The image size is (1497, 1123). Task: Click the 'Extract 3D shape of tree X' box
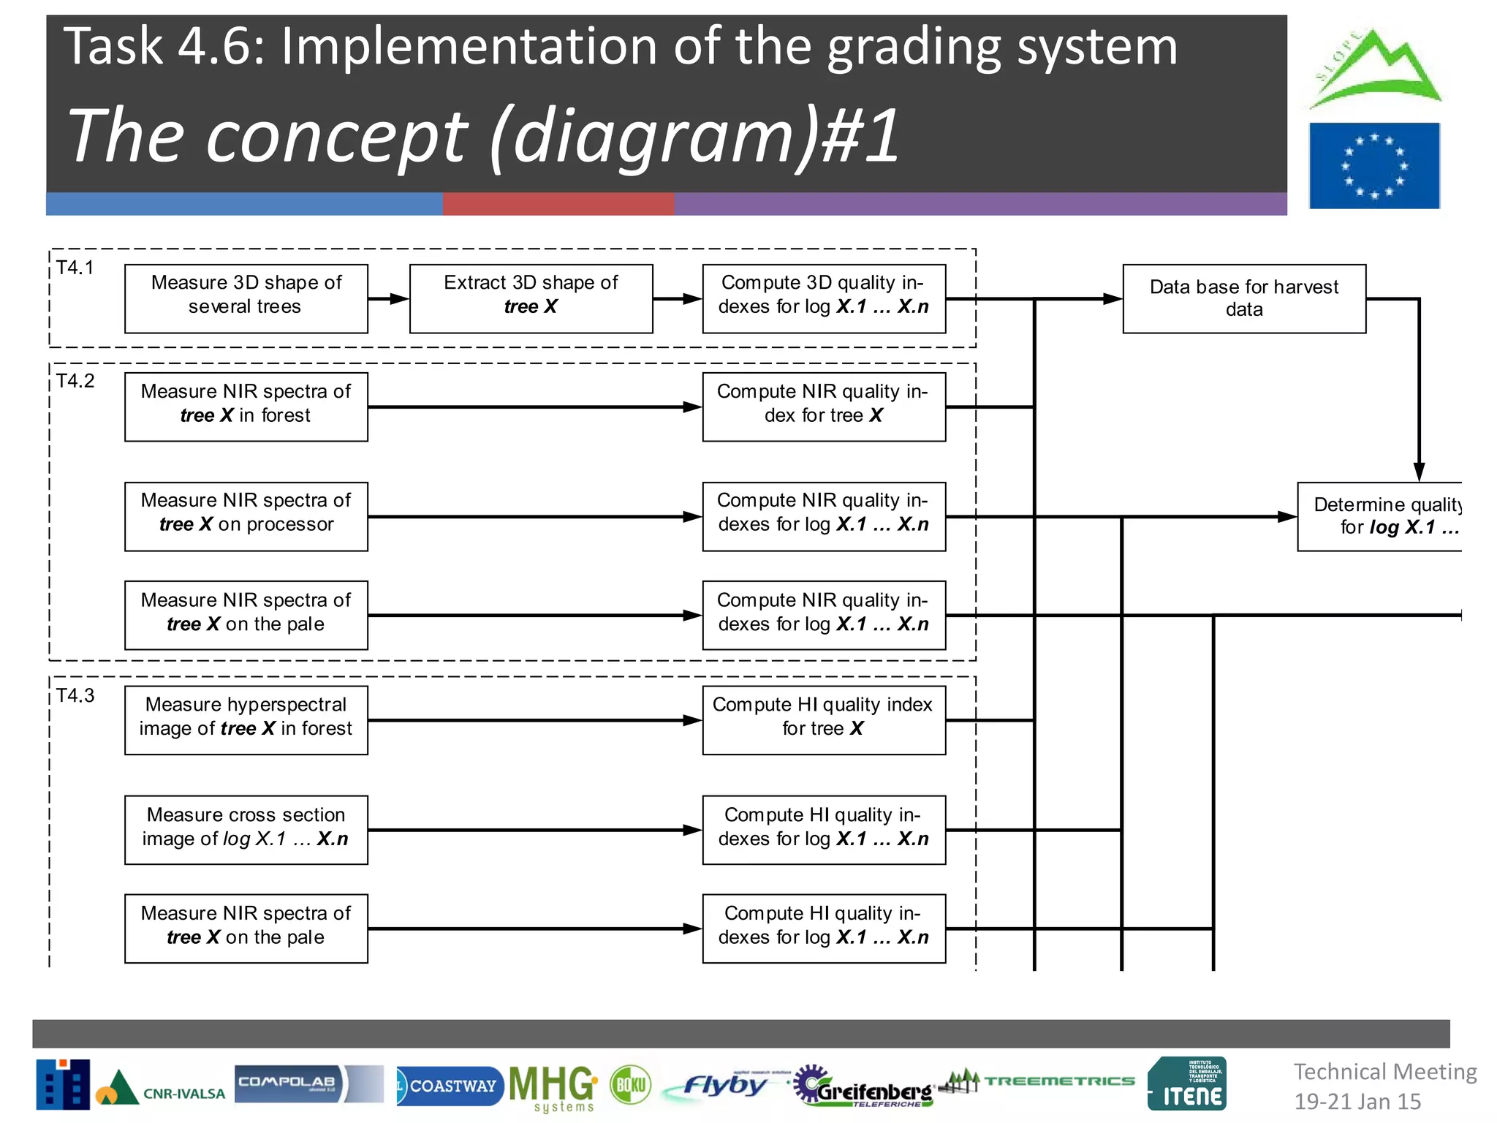[x=531, y=298]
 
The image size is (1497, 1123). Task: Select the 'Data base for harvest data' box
[x=1243, y=298]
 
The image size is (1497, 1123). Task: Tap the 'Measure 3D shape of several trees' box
[x=246, y=298]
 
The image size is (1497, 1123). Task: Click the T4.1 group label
[x=75, y=268]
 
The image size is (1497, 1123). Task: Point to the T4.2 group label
[x=75, y=381]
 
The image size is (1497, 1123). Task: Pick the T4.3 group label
[x=75, y=695]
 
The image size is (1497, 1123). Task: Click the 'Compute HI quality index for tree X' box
[x=823, y=719]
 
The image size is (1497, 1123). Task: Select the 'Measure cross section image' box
[x=246, y=829]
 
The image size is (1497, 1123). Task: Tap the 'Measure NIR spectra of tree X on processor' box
[x=246, y=515]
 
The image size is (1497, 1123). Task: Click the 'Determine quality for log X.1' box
[x=1379, y=515]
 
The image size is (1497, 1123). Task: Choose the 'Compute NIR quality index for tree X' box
[x=823, y=407]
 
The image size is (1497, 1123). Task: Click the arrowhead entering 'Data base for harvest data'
[x=1113, y=298]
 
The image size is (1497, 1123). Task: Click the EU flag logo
[x=1373, y=166]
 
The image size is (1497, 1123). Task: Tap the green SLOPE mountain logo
[x=1374, y=70]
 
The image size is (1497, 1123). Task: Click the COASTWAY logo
[x=449, y=1086]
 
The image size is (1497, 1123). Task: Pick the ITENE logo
[x=1187, y=1084]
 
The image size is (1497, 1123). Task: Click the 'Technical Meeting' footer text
[x=1384, y=1072]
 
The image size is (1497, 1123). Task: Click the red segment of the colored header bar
[x=558, y=204]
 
